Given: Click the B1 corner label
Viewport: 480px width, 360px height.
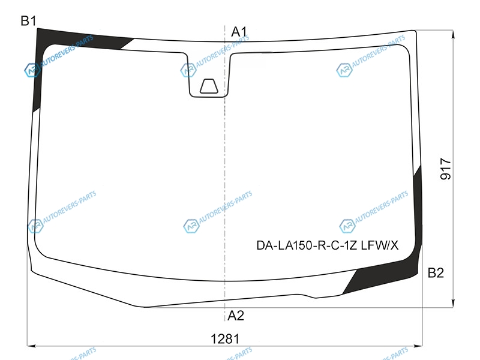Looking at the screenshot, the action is [28, 21].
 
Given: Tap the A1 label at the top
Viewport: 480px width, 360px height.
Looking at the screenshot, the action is [239, 32].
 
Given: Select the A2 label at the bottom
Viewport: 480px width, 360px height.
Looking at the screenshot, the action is [236, 316].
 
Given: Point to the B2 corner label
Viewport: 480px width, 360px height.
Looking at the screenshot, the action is [436, 272].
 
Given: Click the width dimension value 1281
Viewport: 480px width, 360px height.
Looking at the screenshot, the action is [225, 339].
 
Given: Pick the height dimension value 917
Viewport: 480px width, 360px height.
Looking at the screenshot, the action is [446, 169].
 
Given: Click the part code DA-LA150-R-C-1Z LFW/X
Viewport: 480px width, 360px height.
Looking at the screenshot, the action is [327, 245].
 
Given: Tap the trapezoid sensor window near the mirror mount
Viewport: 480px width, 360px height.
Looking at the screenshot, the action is [209, 86].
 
